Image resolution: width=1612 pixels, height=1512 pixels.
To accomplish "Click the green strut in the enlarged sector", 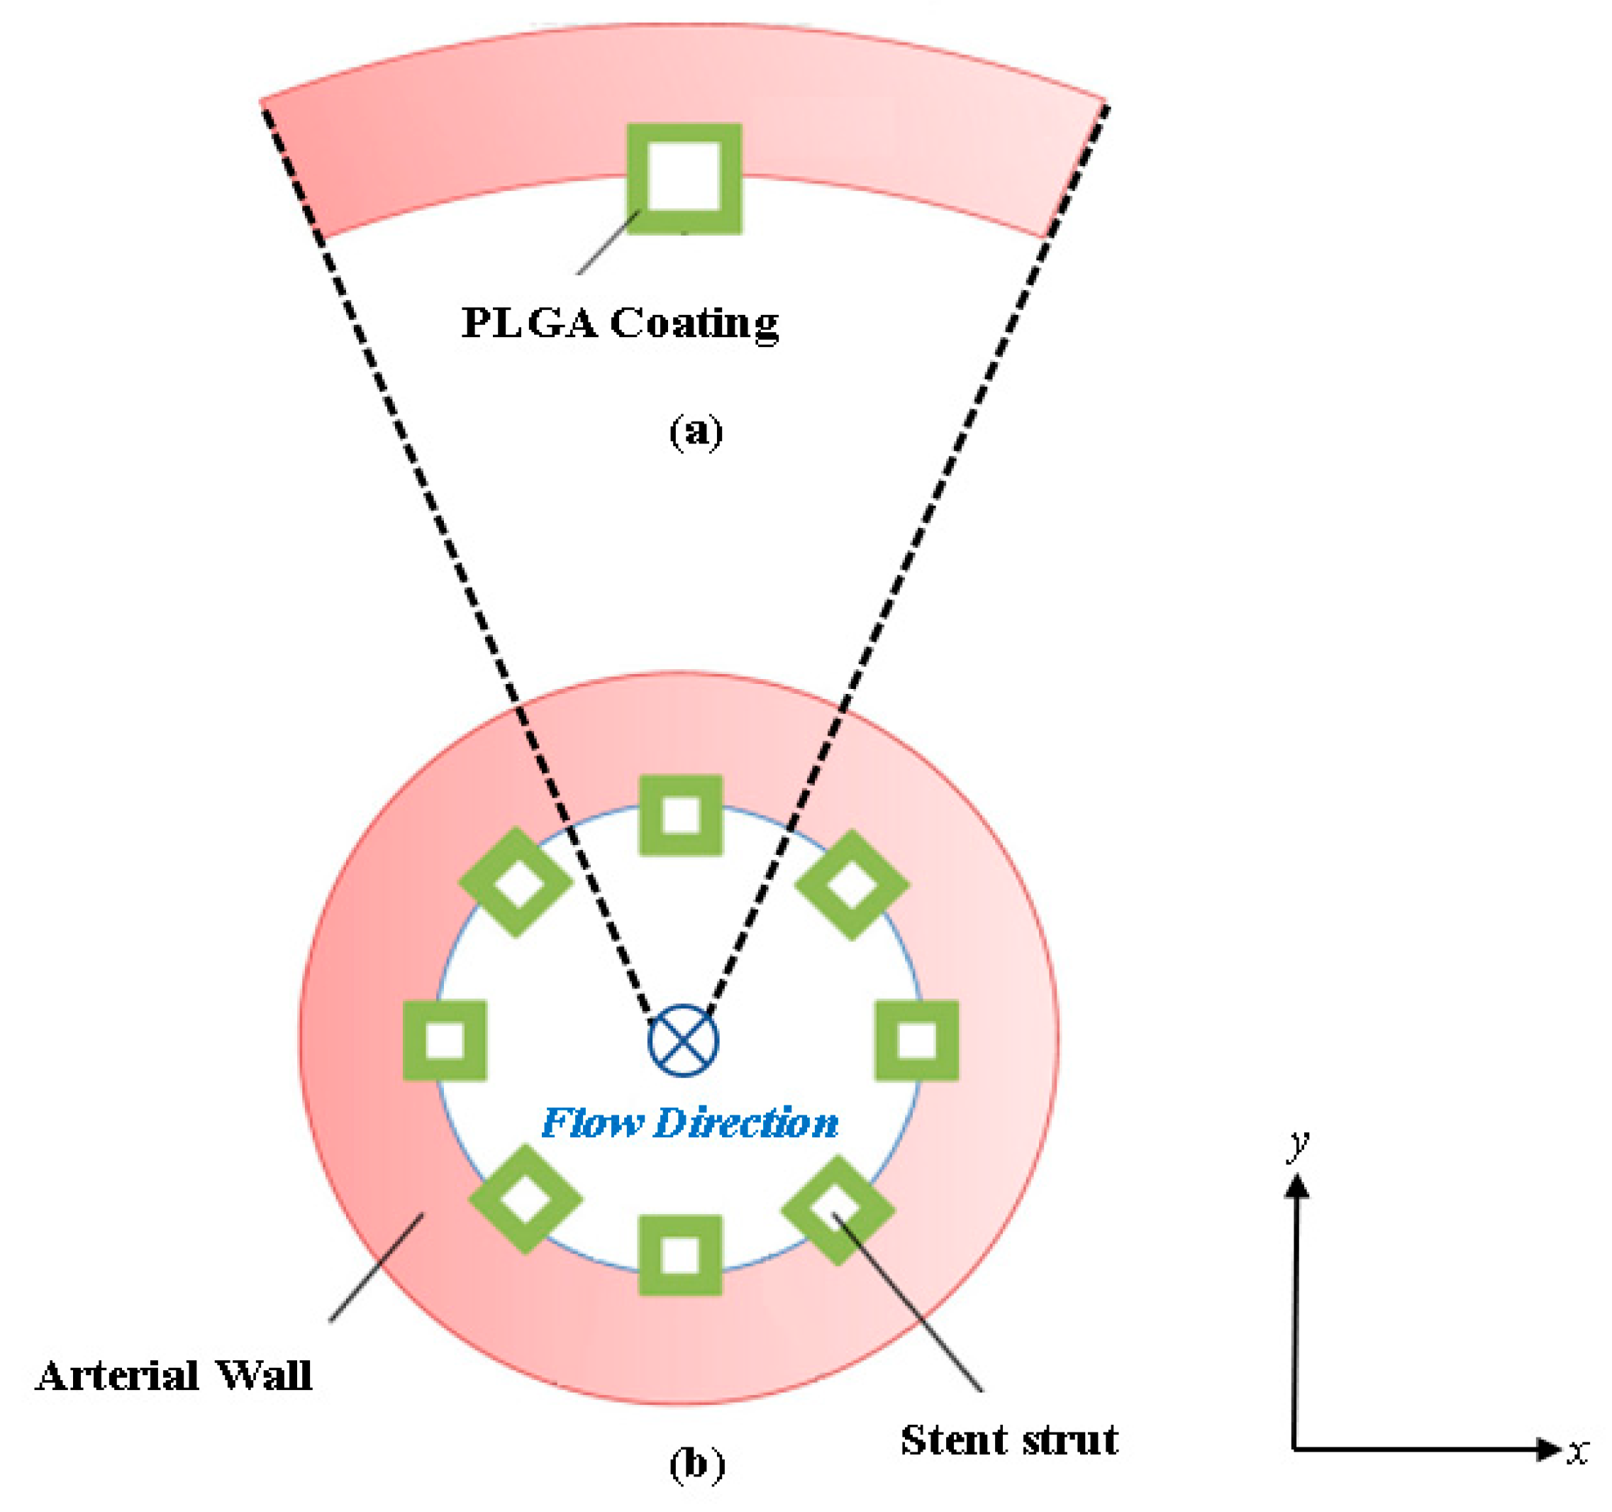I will pyautogui.click(x=684, y=179).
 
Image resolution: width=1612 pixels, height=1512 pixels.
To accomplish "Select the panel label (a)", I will pyautogui.click(x=696, y=431).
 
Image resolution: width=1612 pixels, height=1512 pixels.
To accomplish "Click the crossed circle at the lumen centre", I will pyautogui.click(x=684, y=1040).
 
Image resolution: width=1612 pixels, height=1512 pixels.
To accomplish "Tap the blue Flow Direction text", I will pyautogui.click(x=689, y=1122).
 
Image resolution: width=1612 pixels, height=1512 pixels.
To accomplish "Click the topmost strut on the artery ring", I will pyautogui.click(x=680, y=815).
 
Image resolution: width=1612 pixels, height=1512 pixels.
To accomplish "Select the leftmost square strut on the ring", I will pyautogui.click(x=445, y=1040).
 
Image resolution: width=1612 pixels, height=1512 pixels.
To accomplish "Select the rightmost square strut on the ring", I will pyautogui.click(x=917, y=1040).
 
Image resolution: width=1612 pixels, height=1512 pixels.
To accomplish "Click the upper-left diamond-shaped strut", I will pyautogui.click(x=516, y=883).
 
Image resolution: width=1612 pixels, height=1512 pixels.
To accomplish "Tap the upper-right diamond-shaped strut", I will pyautogui.click(x=852, y=884).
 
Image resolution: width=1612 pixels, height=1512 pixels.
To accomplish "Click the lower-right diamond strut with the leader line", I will pyautogui.click(x=838, y=1210).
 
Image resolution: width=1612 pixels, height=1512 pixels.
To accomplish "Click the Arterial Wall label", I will pyautogui.click(x=174, y=1376).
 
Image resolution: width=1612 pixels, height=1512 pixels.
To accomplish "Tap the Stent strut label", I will pyautogui.click(x=1008, y=1440).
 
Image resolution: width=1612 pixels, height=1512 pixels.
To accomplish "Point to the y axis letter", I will pyautogui.click(x=1299, y=1144).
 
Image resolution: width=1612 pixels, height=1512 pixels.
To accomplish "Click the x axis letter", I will pyautogui.click(x=1577, y=1451).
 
